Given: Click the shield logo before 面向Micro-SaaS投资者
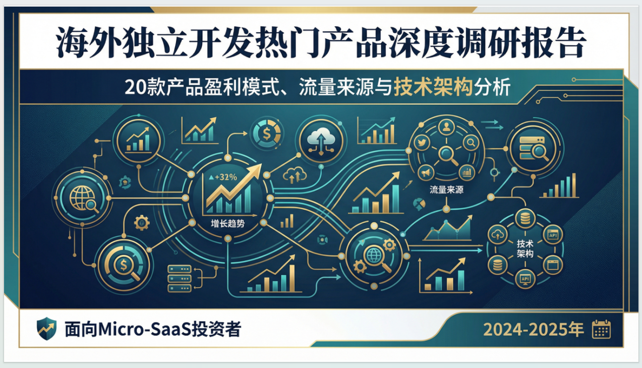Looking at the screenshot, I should tap(46, 329).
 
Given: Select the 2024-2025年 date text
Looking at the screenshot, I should tap(533, 330).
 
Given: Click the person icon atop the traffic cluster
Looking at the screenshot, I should tap(446, 128).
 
